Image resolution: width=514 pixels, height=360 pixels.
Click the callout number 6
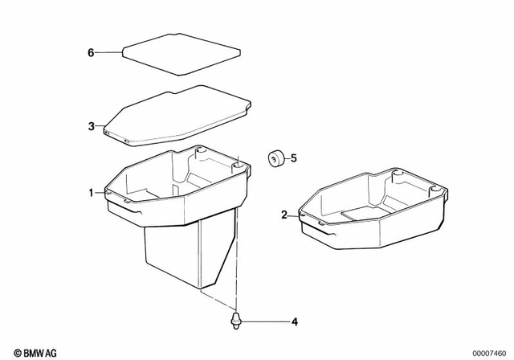91,53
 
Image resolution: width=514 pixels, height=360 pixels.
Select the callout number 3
92,125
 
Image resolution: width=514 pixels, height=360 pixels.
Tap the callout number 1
92,193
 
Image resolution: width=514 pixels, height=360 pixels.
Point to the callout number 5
294,158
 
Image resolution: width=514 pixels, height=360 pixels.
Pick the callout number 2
284,215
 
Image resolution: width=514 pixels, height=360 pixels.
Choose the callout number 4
294,323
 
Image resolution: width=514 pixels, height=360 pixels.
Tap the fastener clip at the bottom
238,321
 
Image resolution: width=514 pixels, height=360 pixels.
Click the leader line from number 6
109,53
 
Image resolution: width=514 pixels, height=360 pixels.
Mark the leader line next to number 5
287,158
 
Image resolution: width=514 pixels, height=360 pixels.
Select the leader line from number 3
102,125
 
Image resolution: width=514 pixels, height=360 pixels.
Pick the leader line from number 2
293,215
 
